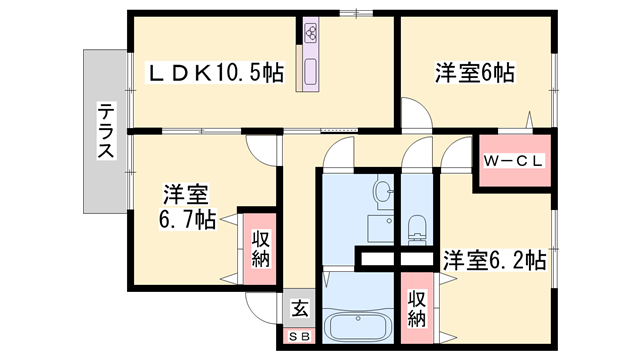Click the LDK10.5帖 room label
pos(216,73)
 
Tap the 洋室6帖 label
pos(474,73)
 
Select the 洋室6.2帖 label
pos(494,260)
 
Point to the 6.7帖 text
pos(187,219)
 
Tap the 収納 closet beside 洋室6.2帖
pos(417,307)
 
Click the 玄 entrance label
pos(299,309)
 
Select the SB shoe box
pos(299,336)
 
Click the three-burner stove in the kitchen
pos(310,32)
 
